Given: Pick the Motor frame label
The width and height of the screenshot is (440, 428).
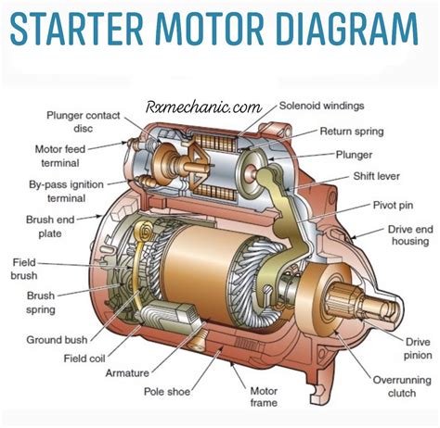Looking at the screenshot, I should [264, 396].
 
